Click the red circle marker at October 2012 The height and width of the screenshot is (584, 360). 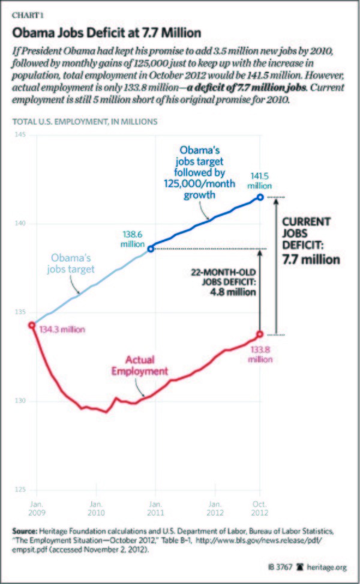click(260, 334)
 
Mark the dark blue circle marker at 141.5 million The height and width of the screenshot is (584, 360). click(260, 197)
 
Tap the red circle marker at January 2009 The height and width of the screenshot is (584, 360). click(31, 325)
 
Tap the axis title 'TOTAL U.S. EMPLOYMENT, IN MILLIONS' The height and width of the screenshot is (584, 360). click(85, 121)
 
